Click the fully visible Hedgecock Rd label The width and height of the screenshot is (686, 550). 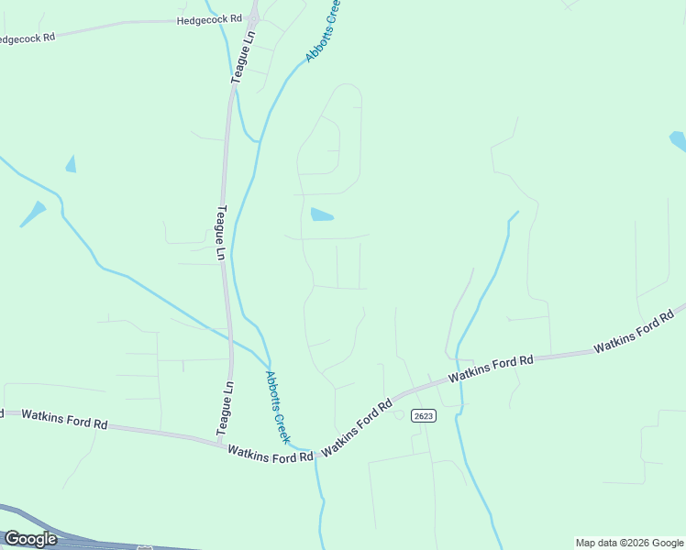[x=209, y=18]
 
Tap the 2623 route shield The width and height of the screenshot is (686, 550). [x=423, y=415]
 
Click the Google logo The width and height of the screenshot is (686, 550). [x=30, y=539]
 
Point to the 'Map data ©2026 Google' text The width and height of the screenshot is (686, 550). [x=629, y=543]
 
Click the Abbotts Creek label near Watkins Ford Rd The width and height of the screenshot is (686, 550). [x=277, y=407]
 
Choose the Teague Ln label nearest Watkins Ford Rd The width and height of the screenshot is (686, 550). [x=225, y=408]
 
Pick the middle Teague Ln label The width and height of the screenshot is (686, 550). [x=220, y=233]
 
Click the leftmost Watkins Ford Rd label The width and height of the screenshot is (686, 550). [x=64, y=420]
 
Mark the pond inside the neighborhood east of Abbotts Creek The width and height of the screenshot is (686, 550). [x=321, y=215]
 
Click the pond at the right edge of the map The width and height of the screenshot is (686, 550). [x=678, y=141]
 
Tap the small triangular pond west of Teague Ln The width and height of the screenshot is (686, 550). [x=71, y=164]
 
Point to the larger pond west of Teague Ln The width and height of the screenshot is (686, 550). [x=34, y=214]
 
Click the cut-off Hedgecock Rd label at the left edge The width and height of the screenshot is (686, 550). [x=26, y=38]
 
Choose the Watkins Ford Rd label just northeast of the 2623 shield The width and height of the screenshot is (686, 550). [x=490, y=369]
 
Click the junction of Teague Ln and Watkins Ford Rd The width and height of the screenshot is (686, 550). [x=223, y=444]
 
